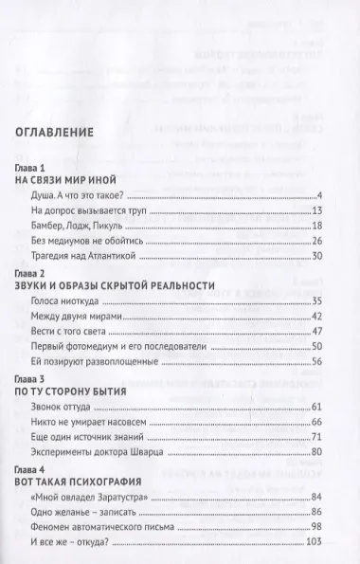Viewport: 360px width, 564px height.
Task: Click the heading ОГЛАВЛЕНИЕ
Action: click(80, 134)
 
